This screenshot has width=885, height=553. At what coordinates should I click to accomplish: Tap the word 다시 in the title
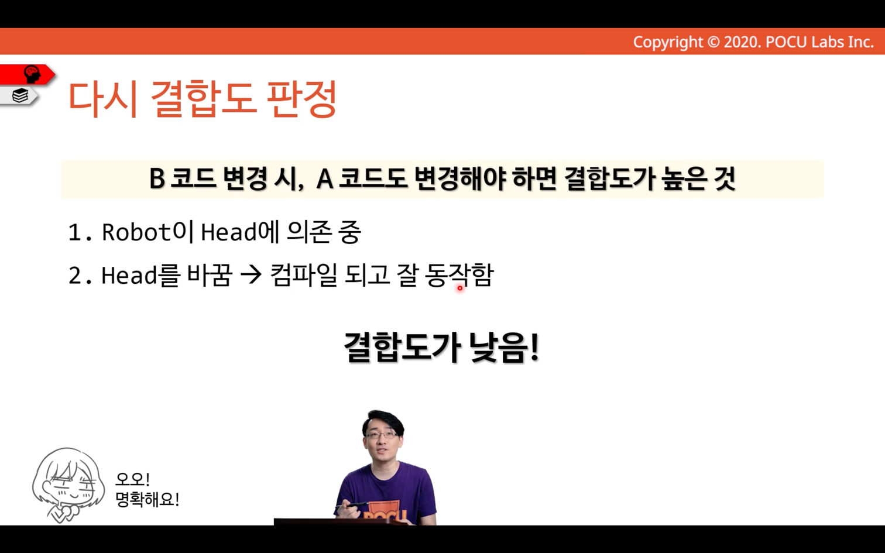[x=103, y=99]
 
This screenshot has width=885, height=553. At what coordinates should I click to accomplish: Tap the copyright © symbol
[x=714, y=42]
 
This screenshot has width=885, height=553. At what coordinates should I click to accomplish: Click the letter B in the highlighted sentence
[x=157, y=179]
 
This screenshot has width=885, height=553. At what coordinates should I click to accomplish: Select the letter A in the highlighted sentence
[x=325, y=179]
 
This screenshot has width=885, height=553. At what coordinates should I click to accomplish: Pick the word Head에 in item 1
[x=240, y=232]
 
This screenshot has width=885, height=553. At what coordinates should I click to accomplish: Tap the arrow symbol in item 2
[x=251, y=274]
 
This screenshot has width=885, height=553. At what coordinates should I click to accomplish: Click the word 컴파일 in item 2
[x=304, y=274]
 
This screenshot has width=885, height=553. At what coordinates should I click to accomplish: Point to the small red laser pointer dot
[x=460, y=288]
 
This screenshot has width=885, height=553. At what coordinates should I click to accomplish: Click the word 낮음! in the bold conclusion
[x=504, y=347]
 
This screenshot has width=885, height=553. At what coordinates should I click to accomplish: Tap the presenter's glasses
[x=382, y=435]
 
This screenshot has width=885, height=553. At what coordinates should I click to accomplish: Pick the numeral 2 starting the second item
[x=75, y=275]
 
